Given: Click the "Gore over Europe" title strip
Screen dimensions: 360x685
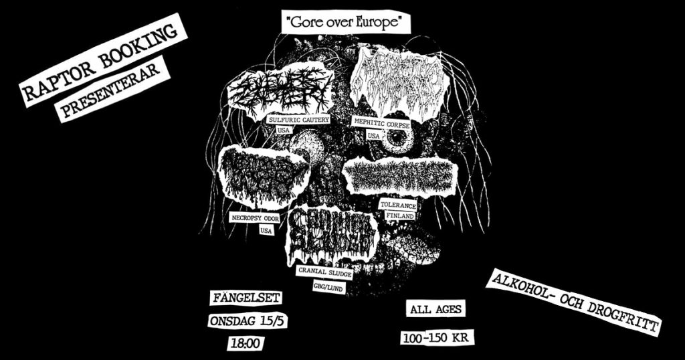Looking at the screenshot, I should [x=347, y=21].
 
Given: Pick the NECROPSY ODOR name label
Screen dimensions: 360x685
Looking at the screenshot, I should [x=254, y=218].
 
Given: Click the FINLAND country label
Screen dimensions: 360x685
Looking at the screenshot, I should [x=401, y=217].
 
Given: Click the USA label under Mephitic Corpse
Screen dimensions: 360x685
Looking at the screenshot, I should [x=373, y=136].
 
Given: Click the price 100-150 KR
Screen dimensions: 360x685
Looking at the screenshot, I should [x=439, y=337].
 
